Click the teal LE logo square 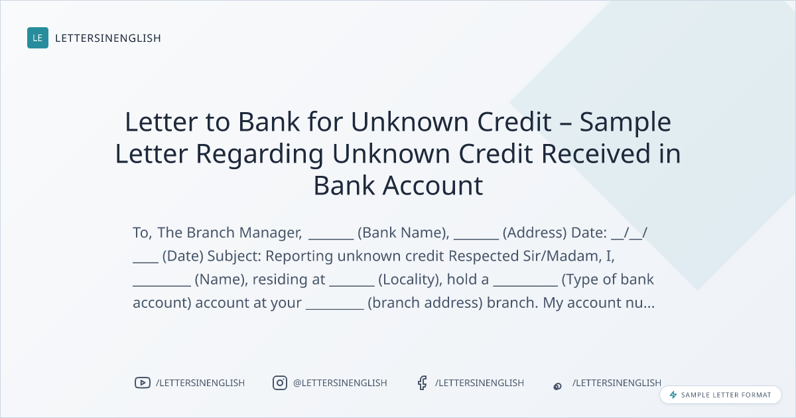38,38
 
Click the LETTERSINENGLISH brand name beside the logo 108,38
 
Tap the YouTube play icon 143,383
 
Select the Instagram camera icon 280,383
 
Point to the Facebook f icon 422,383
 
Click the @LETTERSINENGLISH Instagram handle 340,383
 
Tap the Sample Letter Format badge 720,395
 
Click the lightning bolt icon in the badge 673,395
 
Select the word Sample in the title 625,123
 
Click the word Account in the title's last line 432,186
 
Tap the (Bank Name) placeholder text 403,233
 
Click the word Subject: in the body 234,256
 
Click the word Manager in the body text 271,233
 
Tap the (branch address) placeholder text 425,303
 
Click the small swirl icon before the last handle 558,386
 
